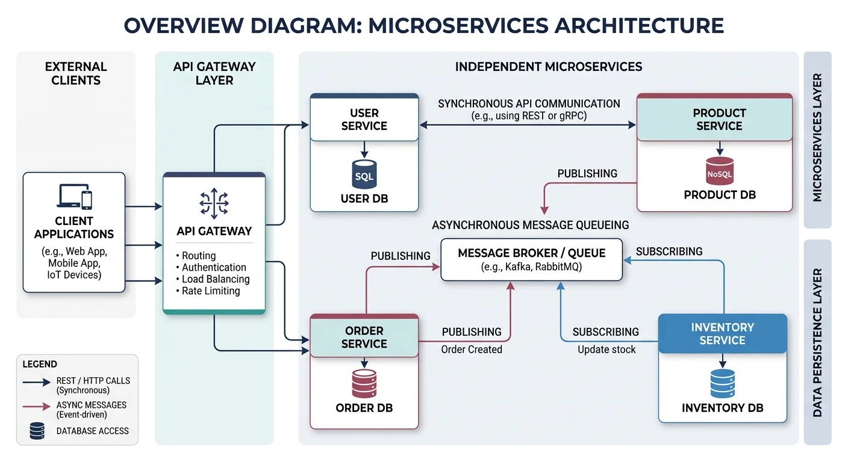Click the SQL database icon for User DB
364,174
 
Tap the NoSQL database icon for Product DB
719,171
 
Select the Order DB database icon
364,384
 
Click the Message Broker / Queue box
531,260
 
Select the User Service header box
364,120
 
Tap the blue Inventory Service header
722,334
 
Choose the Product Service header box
719,120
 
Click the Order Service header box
364,337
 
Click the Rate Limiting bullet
208,291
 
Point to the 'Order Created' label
471,350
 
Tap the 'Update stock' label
606,350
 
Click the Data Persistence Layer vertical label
817,343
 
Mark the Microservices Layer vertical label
817,138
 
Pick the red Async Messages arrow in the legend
37,407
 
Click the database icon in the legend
37,431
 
